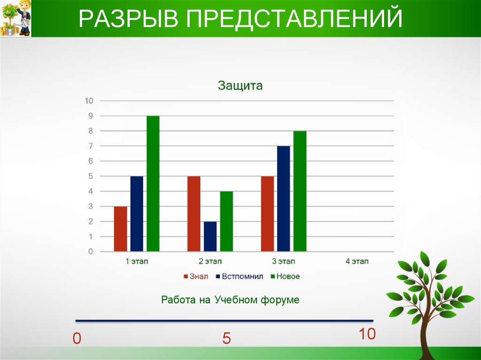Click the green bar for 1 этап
[x=153, y=184]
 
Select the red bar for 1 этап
[x=120, y=229]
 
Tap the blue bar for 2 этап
[x=210, y=236]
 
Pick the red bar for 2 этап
[x=194, y=214]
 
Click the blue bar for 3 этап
[x=283, y=199]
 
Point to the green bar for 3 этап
[x=300, y=191]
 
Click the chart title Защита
[x=240, y=85]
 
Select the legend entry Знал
[x=196, y=276]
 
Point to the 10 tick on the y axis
[x=89, y=100]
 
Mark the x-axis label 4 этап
[x=357, y=261]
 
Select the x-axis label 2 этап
[x=210, y=261]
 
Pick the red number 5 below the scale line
[x=226, y=338]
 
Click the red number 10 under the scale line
[x=367, y=334]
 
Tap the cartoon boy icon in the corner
[x=16, y=19]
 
